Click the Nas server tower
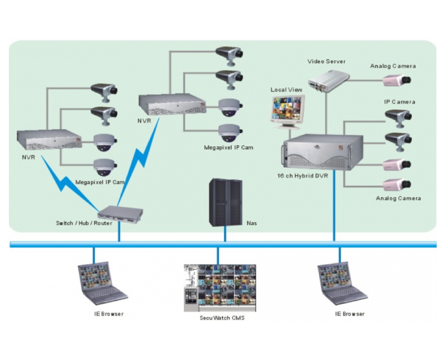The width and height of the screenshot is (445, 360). click(225, 203)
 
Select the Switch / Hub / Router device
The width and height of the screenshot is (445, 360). click(120, 213)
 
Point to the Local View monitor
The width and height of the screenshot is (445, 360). click(288, 111)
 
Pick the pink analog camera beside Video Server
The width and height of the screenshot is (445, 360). click(396, 80)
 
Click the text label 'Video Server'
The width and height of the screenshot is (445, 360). click(327, 62)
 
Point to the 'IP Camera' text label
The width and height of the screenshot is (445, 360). click(399, 102)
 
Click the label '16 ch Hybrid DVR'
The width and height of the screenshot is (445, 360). click(302, 176)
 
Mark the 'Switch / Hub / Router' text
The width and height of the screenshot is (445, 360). click(84, 223)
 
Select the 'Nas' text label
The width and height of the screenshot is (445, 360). click(252, 223)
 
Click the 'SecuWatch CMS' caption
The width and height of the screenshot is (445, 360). click(222, 318)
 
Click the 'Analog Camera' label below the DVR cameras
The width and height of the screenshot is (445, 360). click(398, 198)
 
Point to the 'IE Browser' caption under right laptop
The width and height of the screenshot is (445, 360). click(350, 314)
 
